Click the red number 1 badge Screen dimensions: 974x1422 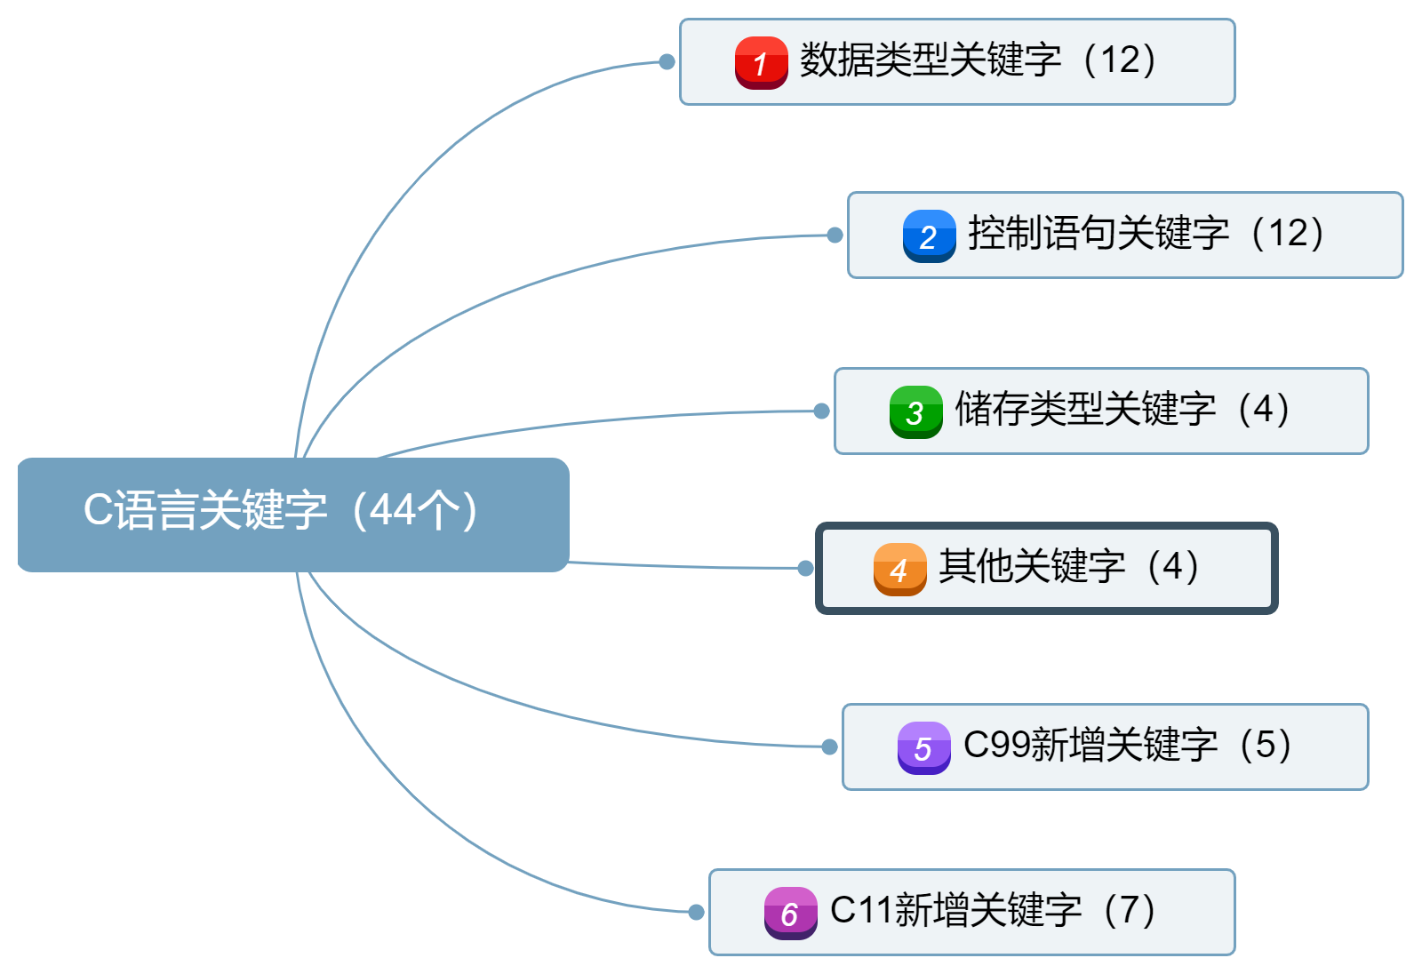click(x=761, y=62)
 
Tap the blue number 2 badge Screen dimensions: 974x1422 click(x=929, y=236)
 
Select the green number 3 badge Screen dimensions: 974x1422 click(x=915, y=411)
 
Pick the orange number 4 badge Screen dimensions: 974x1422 click(x=899, y=569)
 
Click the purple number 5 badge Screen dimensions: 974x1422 click(x=923, y=747)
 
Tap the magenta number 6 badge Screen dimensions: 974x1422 click(x=790, y=913)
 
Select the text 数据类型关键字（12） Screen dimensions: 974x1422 click(x=978, y=60)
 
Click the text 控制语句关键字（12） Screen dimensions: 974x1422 click(x=1146, y=234)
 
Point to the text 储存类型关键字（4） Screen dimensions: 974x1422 click(x=1122, y=410)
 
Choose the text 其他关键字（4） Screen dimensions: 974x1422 click(x=1069, y=567)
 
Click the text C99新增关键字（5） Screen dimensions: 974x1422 click(x=1127, y=745)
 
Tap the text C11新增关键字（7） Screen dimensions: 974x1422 click(x=993, y=910)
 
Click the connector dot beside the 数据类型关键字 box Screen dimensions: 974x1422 click(x=667, y=61)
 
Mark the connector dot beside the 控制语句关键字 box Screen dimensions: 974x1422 click(x=835, y=235)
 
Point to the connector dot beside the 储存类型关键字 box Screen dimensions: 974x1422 click(x=821, y=411)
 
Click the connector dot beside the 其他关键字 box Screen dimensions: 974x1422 click(x=805, y=568)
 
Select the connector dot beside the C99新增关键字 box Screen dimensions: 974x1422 click(x=829, y=746)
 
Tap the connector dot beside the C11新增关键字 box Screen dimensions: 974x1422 click(x=696, y=912)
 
